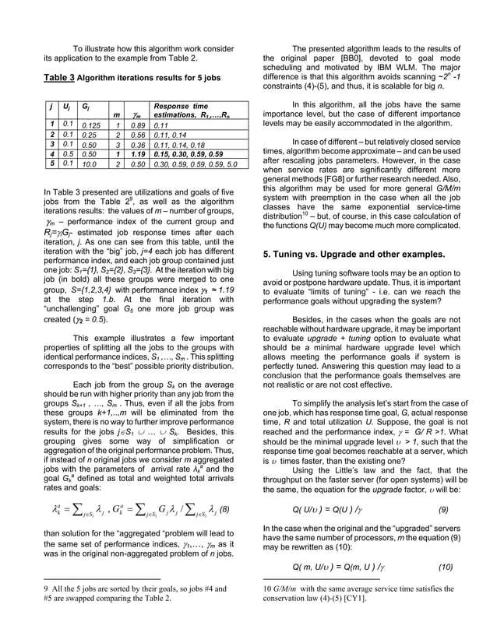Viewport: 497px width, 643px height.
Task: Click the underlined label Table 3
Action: [58, 78]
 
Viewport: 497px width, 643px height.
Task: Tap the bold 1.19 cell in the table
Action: [139, 154]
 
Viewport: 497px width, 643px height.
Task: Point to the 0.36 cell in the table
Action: [139, 144]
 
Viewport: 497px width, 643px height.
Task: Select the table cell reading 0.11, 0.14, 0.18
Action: [178, 144]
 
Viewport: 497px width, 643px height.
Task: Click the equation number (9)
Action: [443, 511]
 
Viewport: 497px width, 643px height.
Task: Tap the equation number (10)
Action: [442, 566]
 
